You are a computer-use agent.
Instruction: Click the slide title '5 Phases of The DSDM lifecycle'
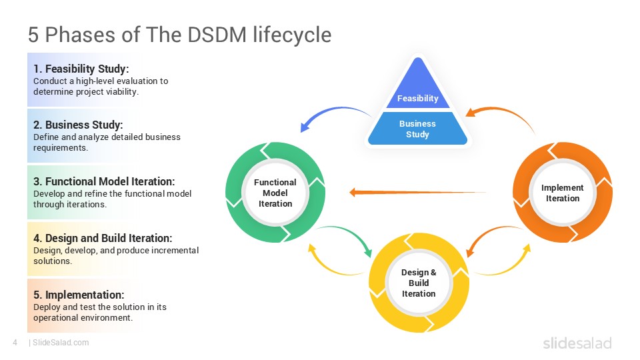[179, 34]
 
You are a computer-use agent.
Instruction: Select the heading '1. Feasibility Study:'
[81, 69]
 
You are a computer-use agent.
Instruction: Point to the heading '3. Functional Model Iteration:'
[104, 181]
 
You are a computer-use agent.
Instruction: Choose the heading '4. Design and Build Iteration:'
[103, 238]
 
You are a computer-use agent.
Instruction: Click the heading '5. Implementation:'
[79, 295]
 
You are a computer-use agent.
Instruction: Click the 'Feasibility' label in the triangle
[418, 99]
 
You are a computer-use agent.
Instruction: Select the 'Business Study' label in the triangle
[418, 129]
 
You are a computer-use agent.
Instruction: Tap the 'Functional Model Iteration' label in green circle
[275, 193]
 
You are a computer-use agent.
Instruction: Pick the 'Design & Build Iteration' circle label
[419, 283]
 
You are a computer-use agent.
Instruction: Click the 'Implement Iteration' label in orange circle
[563, 193]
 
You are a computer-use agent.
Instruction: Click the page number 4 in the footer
[15, 343]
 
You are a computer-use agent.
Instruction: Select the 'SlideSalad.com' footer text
[60, 343]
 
